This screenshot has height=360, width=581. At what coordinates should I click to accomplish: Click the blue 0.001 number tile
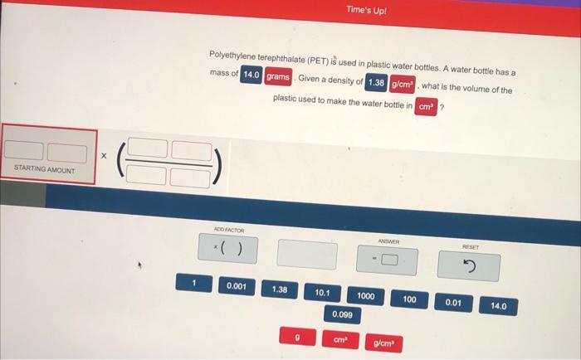(x=237, y=286)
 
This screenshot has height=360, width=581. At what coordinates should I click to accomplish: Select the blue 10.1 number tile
(x=322, y=293)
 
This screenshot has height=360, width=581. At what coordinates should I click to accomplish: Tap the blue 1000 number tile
(x=366, y=296)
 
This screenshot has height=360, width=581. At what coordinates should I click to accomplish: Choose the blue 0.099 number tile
(x=342, y=314)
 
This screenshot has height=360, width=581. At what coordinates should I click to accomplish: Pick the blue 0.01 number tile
(x=453, y=303)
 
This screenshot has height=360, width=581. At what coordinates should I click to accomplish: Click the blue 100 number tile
(x=409, y=299)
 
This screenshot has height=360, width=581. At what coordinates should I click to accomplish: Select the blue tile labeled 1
(x=193, y=283)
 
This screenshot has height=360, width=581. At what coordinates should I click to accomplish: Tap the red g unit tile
(x=297, y=336)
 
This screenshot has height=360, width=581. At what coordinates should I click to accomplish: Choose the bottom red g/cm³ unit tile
(x=383, y=343)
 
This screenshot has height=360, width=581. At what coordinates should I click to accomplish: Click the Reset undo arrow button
(x=469, y=266)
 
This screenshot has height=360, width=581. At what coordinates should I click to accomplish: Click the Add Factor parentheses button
(x=228, y=248)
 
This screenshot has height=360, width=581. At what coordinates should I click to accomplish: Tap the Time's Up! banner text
(x=366, y=10)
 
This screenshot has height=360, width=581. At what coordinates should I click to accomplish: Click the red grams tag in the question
(x=278, y=76)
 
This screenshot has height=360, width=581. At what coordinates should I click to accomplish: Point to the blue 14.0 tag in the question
(x=251, y=75)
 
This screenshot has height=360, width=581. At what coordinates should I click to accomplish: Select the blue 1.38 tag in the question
(x=376, y=82)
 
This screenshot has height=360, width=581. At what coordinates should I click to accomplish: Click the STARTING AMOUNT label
(x=45, y=169)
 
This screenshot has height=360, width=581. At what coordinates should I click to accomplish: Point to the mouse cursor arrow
(x=140, y=265)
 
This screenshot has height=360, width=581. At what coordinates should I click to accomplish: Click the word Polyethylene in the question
(x=232, y=56)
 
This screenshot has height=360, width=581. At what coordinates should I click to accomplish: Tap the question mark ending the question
(x=442, y=108)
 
